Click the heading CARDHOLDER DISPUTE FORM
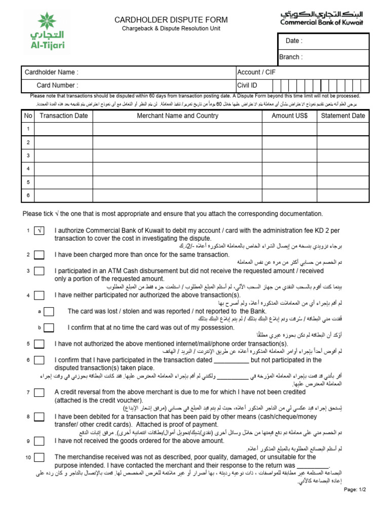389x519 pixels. tap(171, 20)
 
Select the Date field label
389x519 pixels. tap(294, 41)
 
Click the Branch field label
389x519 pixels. tap(291, 57)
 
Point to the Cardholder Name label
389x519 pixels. tap(52, 72)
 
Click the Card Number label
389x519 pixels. tap(57, 86)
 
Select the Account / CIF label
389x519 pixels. tap(256, 72)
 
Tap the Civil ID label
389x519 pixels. tap(247, 86)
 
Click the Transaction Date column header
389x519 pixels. tap(64, 116)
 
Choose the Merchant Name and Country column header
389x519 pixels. tap(177, 116)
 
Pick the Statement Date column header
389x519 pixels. tap(343, 116)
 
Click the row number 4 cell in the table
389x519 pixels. tap(28, 168)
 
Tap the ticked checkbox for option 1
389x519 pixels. tap(39, 231)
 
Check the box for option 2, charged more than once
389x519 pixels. tap(39, 255)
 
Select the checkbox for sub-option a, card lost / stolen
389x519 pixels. tap(49, 312)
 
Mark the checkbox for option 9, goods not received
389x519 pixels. tap(39, 441)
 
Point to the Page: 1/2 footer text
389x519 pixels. tap(355, 490)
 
